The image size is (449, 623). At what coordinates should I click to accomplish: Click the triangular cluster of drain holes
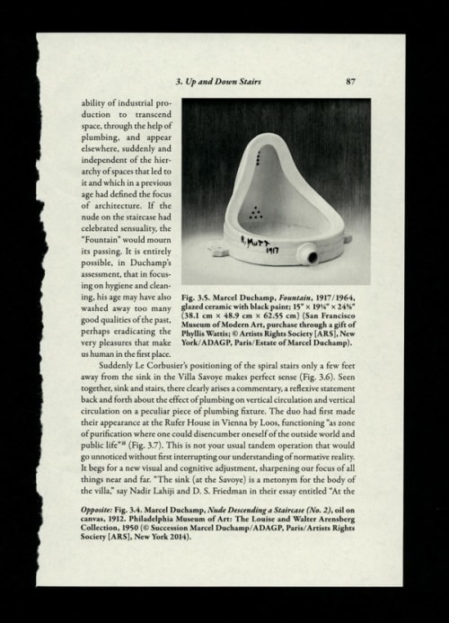[257, 212]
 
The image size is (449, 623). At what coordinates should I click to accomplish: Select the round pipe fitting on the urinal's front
[313, 256]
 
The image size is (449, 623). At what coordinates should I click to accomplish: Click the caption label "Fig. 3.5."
[199, 296]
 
